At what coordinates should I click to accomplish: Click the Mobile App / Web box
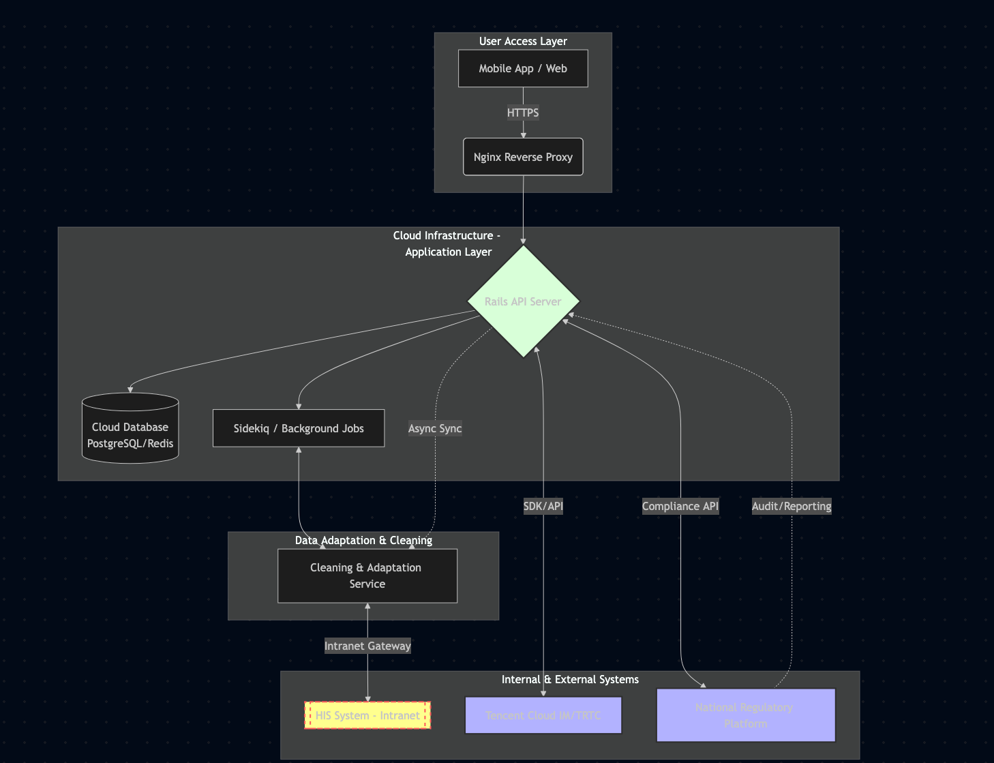tap(523, 68)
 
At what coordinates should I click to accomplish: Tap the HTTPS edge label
tap(523, 113)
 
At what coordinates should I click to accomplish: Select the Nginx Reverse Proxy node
tap(523, 157)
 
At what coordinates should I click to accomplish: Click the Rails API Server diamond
tap(523, 301)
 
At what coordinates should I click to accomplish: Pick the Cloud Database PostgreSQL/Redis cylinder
tap(130, 430)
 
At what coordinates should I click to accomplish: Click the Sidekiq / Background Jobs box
tap(299, 428)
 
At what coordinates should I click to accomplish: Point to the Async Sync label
tap(435, 428)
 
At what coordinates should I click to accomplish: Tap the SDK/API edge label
tap(543, 506)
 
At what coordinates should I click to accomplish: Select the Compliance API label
tap(680, 506)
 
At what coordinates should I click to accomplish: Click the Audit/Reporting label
tap(792, 506)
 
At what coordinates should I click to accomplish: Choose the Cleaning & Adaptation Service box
tap(367, 575)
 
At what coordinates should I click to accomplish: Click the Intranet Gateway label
tap(367, 646)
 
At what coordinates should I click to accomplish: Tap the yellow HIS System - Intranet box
tap(367, 715)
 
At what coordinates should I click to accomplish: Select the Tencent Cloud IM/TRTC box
tap(543, 715)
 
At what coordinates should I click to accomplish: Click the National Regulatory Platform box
tap(745, 715)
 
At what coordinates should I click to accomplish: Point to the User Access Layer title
tap(523, 41)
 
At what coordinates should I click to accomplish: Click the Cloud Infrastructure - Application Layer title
tap(448, 243)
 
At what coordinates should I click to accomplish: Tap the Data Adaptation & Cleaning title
tap(363, 540)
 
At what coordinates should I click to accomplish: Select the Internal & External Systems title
tap(570, 679)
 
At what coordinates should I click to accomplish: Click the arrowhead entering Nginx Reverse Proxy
tap(523, 135)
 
